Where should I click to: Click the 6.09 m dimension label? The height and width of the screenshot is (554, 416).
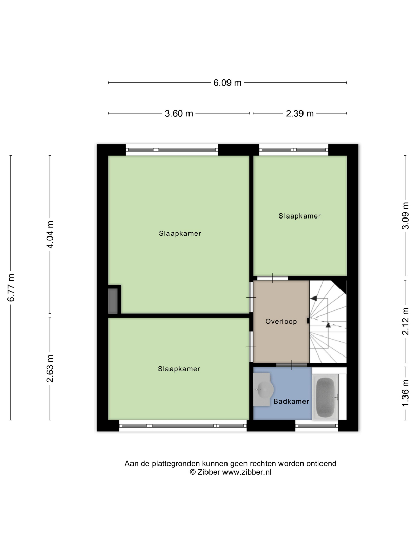tap(227, 83)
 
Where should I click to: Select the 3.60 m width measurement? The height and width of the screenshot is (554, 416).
tap(179, 114)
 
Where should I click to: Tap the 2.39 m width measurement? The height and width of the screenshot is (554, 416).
tap(299, 114)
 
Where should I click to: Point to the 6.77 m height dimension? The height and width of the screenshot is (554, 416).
tap(11, 287)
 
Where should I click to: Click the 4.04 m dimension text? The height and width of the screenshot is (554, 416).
tap(50, 234)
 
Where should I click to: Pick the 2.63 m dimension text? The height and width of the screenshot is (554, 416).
tap(50, 368)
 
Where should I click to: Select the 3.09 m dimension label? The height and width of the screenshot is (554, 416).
tap(405, 216)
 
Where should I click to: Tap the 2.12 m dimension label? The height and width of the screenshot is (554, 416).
tap(405, 321)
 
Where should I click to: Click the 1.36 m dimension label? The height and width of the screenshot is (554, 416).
tap(405, 393)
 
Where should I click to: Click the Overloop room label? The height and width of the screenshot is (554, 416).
tap(281, 322)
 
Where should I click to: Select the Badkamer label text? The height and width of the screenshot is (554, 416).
tap(291, 401)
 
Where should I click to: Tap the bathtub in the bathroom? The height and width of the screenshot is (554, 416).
tap(325, 397)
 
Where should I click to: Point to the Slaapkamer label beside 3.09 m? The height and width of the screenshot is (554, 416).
tap(299, 216)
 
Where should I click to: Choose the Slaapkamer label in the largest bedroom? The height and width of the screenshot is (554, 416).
tap(180, 234)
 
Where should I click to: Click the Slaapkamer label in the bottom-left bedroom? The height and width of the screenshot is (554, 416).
tap(179, 369)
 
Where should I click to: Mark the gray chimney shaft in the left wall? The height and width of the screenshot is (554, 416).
tap(113, 301)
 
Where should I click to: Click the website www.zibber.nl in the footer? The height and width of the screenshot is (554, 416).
tap(247, 472)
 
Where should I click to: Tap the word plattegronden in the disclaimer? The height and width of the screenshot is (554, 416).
tap(176, 464)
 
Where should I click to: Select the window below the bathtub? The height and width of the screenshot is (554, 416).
tap(317, 426)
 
